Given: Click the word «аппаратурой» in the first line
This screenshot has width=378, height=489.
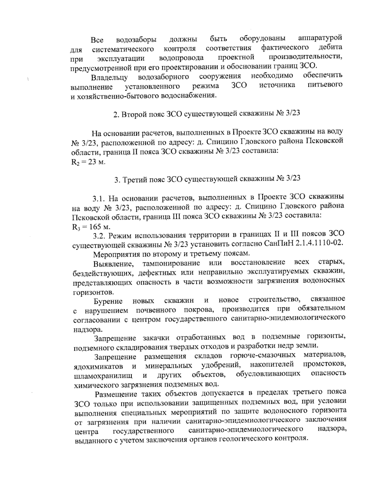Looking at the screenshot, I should pos(320,38).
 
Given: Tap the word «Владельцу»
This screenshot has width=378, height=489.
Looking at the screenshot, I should pos(109,77).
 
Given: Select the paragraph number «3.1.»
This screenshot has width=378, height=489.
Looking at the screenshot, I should pos(99,198).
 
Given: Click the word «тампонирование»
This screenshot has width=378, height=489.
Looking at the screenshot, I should pos(171,263).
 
